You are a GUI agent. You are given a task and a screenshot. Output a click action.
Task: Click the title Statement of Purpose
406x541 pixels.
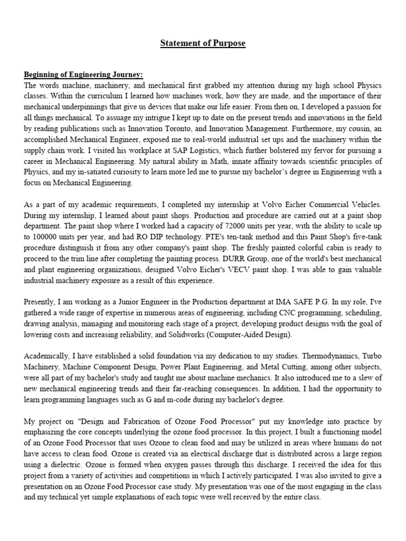click(x=203, y=43)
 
